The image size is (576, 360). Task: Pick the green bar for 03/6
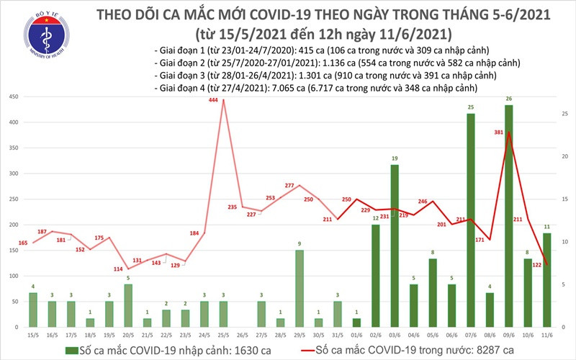coord(395,245)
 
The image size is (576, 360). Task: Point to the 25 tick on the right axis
coord(565,114)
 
